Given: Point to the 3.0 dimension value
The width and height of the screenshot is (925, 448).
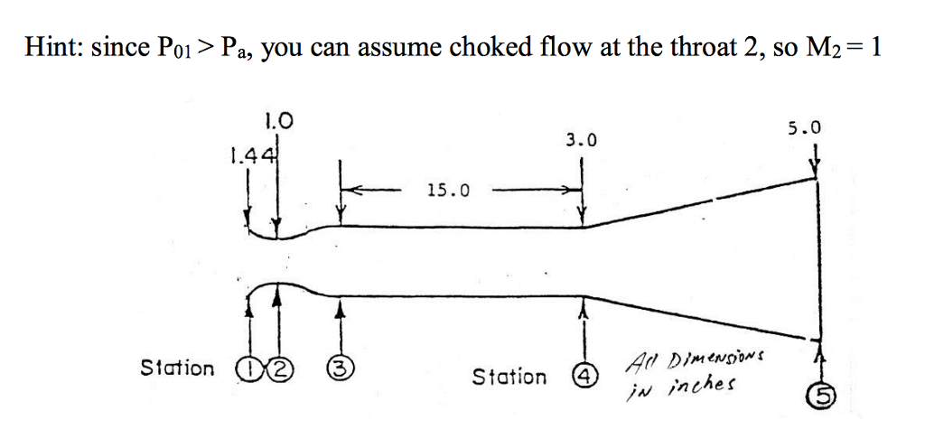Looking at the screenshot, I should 582,140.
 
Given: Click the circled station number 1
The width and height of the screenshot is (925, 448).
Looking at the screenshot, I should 245,368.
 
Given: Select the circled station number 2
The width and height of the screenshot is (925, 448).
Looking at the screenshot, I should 262,368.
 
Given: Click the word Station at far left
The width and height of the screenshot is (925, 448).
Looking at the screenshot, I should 178,368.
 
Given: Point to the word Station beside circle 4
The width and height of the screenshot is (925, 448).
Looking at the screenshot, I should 510,376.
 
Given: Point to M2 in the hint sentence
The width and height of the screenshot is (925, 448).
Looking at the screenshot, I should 821,49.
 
